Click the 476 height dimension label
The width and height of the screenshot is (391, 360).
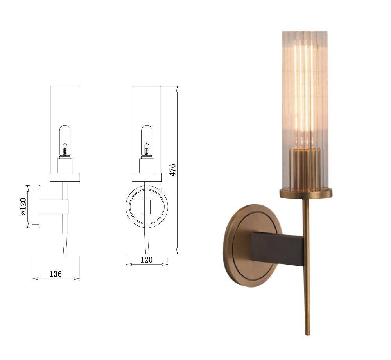tap(173, 170)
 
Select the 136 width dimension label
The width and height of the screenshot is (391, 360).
tap(56, 274)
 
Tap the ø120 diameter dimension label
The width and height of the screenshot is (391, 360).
tap(23, 207)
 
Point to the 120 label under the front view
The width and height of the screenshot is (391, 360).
tap(147, 260)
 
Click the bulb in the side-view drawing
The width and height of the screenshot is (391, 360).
tap(65, 140)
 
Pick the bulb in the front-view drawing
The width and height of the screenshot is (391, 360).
tap(147, 140)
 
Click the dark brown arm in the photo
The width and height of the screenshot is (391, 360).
tap(277, 249)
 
